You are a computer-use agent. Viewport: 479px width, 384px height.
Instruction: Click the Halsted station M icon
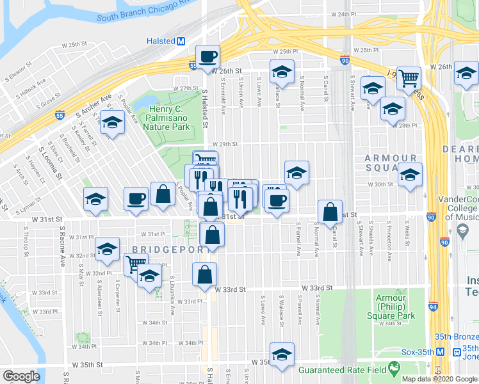coord(181,41)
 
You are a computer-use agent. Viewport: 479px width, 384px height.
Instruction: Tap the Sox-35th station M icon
coord(441,352)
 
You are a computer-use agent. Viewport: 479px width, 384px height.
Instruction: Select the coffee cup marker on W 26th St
coord(207,57)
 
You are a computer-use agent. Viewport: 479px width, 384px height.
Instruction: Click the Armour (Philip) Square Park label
coord(390,307)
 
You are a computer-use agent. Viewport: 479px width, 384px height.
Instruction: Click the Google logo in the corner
coord(21,376)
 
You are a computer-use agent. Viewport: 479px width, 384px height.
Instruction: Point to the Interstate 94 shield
coord(434,307)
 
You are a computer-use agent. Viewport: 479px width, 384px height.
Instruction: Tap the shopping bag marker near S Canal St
coord(330,212)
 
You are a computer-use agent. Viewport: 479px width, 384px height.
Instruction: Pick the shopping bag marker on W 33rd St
coord(204,275)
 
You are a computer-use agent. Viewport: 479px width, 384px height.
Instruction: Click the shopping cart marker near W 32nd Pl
coord(135,264)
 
